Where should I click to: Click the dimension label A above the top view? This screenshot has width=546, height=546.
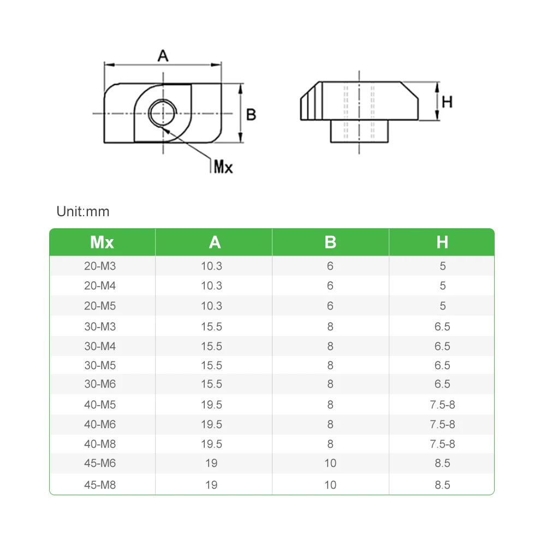click(163, 56)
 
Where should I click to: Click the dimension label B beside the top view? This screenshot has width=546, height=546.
click(251, 115)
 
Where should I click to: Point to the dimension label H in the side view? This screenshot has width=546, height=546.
click(447, 102)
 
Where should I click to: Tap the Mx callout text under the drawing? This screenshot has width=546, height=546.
click(222, 167)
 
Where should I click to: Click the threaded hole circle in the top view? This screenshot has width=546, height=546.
click(162, 114)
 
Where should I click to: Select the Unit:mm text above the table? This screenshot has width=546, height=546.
click(83, 211)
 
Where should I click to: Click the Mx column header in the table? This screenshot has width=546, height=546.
click(102, 242)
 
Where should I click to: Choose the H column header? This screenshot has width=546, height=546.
click(442, 242)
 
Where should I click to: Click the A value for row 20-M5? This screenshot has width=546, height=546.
click(211, 306)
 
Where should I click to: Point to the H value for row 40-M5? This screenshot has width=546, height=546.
click(442, 405)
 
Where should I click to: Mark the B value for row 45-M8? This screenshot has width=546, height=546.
click(330, 485)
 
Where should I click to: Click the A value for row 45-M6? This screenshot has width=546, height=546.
click(211, 464)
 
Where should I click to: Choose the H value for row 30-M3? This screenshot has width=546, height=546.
click(442, 327)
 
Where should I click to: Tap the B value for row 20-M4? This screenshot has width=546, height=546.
click(330, 286)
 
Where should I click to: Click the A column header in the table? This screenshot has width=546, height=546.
click(215, 242)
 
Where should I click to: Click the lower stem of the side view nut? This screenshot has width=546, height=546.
click(359, 131)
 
